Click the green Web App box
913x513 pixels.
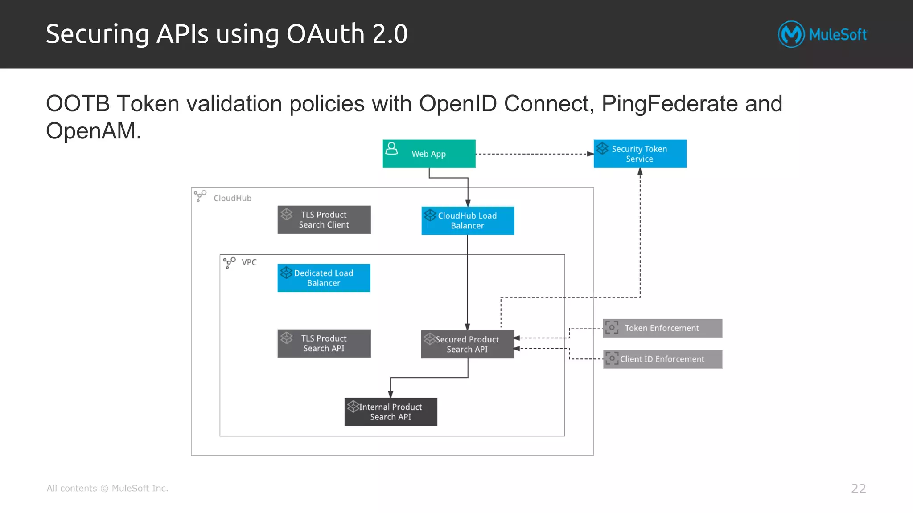[x=429, y=154]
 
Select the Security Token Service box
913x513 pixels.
[x=640, y=154]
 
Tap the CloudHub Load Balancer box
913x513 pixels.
[x=468, y=220]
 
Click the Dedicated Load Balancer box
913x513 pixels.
[x=324, y=278]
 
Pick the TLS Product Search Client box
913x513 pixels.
[x=324, y=220]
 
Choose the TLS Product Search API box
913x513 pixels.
[x=324, y=343]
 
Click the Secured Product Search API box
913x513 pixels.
[x=467, y=344]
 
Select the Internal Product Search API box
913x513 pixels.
[x=391, y=411]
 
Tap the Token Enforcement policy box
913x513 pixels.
[x=662, y=328]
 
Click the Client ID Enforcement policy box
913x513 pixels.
[x=662, y=359]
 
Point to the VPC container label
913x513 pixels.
[x=249, y=262]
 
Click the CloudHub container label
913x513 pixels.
[x=232, y=198]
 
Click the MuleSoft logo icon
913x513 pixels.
[x=791, y=34]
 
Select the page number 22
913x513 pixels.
[x=858, y=489]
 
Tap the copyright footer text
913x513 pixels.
[x=107, y=489]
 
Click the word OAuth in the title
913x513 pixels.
[x=325, y=34]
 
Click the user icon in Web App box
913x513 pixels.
[x=391, y=148]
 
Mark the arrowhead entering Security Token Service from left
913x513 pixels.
[x=590, y=154]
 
